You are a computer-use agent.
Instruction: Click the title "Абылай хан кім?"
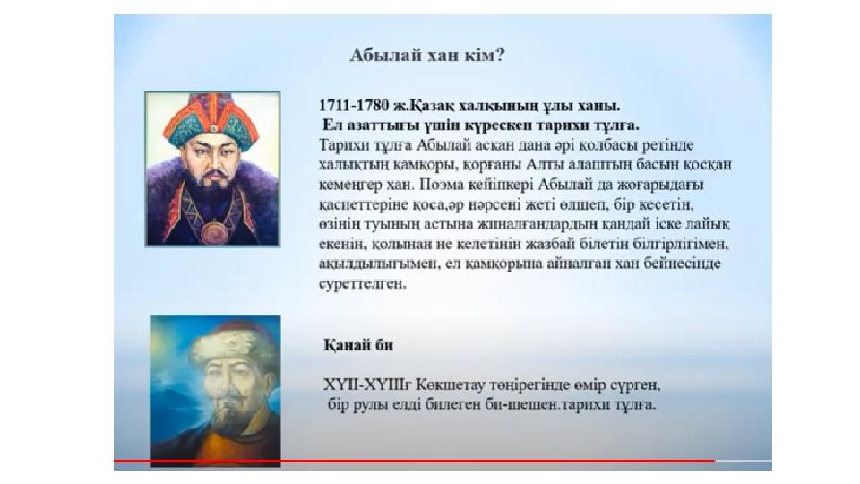point(427,56)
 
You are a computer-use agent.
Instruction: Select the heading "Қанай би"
point(358,345)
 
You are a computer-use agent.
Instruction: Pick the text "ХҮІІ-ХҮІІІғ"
point(367,385)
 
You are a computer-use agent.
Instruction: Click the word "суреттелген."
point(363,284)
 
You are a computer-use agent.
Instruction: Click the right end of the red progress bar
point(715,461)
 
